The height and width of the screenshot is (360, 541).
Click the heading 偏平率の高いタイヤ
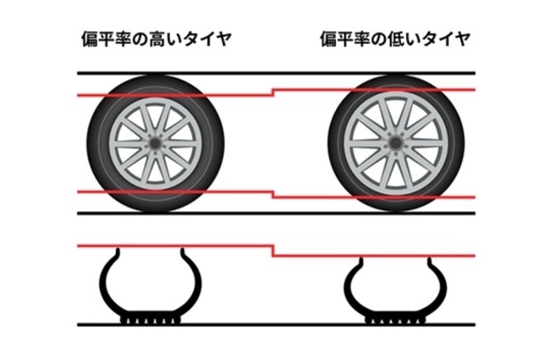pos(155,40)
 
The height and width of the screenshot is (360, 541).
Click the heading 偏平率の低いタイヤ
pos(395,40)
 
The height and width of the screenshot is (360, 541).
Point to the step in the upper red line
pos(273,91)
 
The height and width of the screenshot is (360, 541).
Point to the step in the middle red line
pos(273,194)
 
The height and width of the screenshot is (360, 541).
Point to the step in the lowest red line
pos(273,250)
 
